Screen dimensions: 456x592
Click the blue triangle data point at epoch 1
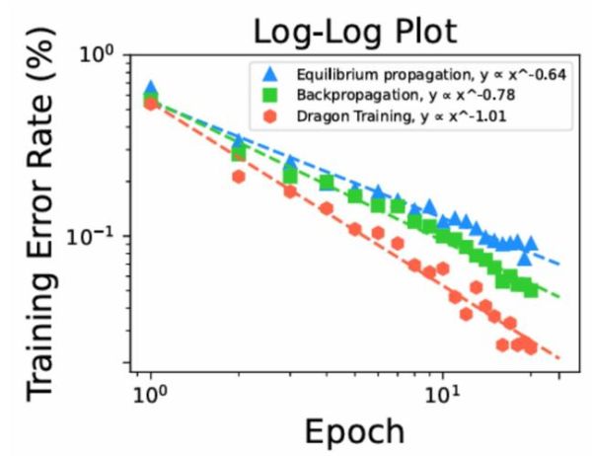coord(150,89)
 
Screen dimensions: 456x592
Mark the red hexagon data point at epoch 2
coord(238,177)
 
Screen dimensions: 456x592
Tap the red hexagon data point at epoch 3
coord(290,191)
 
